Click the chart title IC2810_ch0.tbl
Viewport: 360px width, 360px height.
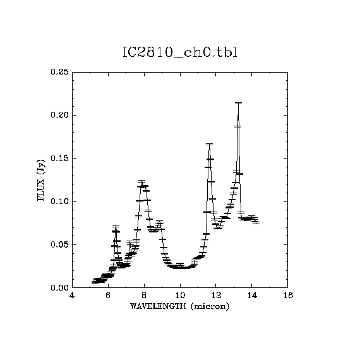[180, 52]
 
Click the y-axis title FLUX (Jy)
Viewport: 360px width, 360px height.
[41, 180]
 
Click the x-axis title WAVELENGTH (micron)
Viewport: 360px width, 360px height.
[179, 306]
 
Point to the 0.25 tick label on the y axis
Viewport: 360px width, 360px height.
[60, 72]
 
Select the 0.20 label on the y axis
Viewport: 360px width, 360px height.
[60, 115]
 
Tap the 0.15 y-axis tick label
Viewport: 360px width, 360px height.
[60, 158]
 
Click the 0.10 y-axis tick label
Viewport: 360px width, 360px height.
[60, 201]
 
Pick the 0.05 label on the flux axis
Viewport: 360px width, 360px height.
[60, 244]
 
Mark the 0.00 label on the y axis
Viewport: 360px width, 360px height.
[60, 287]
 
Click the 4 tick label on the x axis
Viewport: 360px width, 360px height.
[72, 295]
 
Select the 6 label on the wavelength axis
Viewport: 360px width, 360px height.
[108, 295]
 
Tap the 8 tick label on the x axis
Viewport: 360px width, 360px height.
[144, 295]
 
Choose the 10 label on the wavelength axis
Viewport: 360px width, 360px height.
[180, 295]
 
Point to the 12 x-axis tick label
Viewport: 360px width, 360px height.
[216, 295]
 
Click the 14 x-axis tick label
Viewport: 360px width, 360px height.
[252, 295]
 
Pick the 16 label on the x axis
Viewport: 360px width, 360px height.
[288, 295]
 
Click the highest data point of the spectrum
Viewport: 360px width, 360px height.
[238, 104]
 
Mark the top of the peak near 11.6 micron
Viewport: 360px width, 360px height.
[209, 145]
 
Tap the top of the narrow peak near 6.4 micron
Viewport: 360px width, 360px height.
[116, 226]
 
